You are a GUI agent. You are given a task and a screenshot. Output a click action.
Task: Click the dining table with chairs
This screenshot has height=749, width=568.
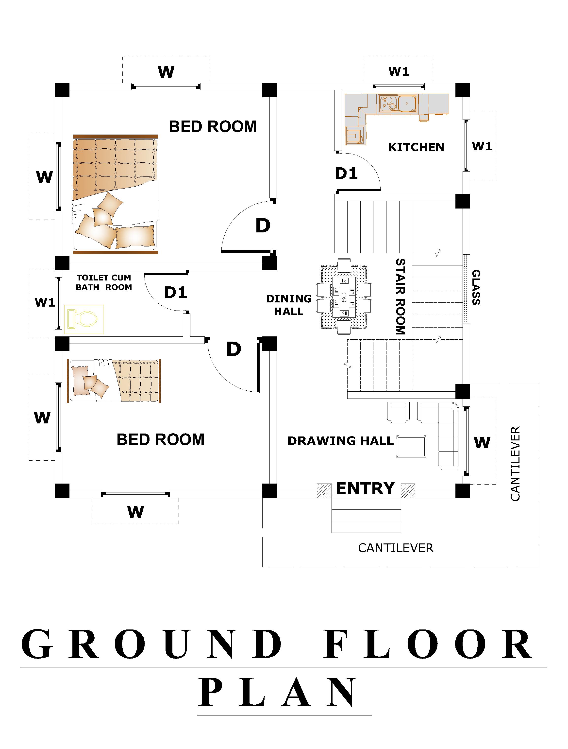point(344,297)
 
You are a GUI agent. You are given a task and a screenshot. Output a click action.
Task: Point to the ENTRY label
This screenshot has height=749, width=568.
point(366,488)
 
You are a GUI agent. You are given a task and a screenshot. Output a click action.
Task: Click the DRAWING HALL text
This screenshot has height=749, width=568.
point(341,441)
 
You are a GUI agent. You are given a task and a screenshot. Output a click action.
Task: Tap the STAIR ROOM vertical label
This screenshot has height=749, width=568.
point(401,297)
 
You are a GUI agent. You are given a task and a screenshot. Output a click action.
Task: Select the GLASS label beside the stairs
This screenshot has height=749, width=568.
point(476,287)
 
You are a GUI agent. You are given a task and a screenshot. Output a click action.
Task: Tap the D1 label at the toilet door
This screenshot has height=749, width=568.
point(176,292)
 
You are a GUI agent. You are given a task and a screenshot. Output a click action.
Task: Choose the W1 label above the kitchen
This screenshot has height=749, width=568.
point(399,71)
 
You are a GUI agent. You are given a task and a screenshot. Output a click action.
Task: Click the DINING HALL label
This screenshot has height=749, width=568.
point(289,305)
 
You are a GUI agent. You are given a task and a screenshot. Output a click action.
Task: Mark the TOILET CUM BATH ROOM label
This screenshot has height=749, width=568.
point(104,282)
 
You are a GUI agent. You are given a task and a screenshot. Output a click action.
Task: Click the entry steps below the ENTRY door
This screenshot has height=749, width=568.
point(366,515)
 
